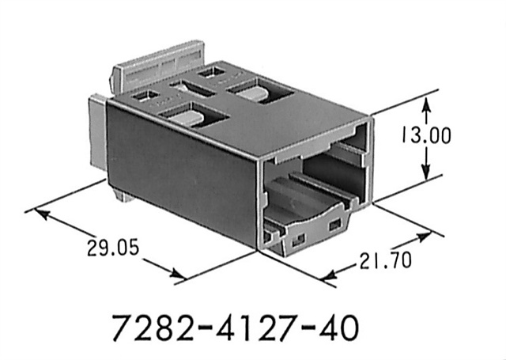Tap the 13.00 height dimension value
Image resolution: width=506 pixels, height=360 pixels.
click(427, 136)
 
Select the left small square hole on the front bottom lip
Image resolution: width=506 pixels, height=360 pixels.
click(299, 235)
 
